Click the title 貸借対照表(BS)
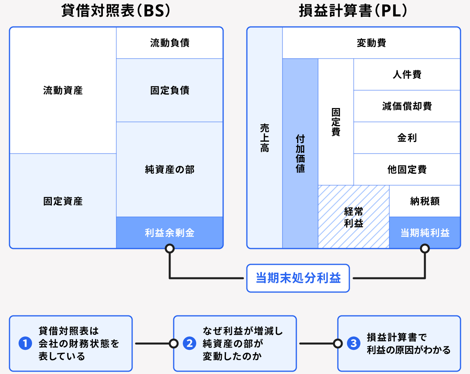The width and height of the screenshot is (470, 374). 116,11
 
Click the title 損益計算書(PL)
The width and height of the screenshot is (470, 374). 353,11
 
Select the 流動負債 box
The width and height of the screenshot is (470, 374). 170,43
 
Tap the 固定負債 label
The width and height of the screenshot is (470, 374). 170,90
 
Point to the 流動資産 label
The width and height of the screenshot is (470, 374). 63,90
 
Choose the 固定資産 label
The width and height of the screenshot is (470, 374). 63,201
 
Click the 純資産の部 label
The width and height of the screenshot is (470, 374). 170,169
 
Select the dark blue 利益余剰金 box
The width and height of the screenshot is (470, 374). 170,233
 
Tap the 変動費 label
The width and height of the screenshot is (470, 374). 371,43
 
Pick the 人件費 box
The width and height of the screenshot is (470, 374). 407,74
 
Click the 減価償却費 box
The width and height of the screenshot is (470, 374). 407,106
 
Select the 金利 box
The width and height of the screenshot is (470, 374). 407,138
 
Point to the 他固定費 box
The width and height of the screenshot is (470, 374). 407,169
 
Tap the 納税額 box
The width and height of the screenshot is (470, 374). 425,201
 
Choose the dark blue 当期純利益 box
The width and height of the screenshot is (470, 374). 425,233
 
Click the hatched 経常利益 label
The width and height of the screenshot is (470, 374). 354,217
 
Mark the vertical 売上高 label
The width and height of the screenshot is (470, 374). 264,138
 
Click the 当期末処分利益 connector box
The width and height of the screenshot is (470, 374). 298,278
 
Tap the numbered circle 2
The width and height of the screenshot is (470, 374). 190,344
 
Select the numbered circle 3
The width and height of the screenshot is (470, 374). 354,344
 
